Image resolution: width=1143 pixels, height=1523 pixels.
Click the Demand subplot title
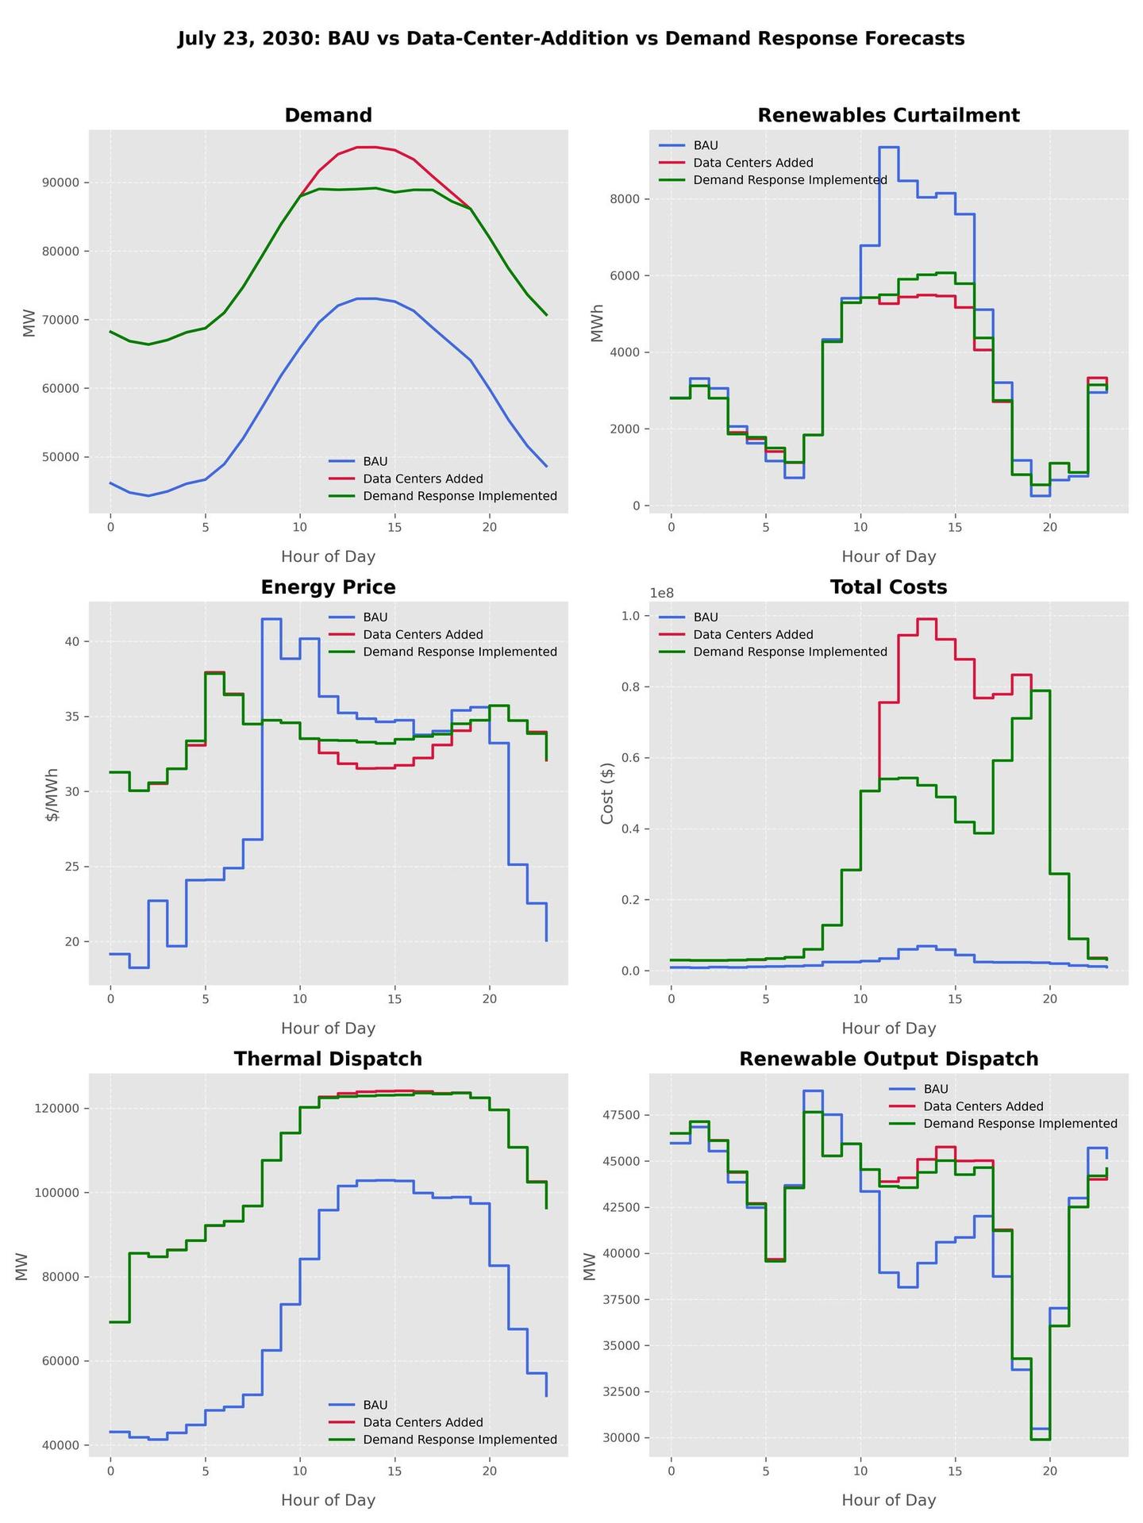point(328,115)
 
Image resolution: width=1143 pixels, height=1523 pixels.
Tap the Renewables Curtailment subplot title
point(888,115)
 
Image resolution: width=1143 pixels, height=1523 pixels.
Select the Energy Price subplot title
point(328,587)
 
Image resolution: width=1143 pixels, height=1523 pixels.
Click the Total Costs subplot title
point(888,587)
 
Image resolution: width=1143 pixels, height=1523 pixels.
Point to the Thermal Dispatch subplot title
point(328,1059)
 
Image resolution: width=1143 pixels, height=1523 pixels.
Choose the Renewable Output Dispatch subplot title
point(888,1059)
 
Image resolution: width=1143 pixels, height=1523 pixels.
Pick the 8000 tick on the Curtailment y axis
point(622,199)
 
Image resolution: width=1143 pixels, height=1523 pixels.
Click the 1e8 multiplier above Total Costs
point(661,593)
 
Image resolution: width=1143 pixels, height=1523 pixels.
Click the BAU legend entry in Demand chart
point(375,461)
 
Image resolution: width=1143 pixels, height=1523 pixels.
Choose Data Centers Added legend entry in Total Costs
point(752,635)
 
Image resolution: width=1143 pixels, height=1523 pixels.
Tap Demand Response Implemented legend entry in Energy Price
point(460,652)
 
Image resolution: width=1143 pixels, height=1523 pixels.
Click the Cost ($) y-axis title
point(607,793)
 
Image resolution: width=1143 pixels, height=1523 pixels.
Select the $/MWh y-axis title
point(52,793)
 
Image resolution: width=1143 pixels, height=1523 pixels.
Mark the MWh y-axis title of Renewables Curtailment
point(598,322)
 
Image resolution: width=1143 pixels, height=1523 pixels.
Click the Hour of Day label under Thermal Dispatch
point(328,1500)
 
